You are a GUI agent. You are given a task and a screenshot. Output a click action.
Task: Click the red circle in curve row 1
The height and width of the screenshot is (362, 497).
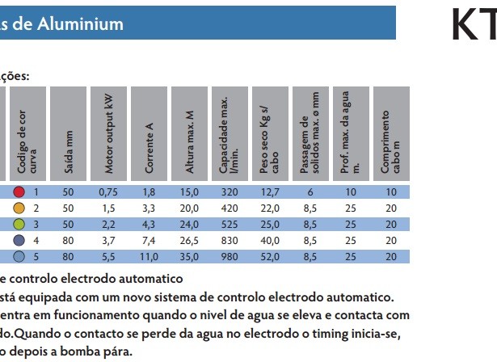(19, 192)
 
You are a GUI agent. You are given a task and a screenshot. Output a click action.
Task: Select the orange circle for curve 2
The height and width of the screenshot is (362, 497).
(19, 208)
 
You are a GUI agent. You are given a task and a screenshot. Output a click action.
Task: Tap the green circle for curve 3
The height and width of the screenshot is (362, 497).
(19, 224)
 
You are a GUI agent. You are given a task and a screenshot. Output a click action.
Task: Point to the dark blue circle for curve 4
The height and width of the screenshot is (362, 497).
(19, 240)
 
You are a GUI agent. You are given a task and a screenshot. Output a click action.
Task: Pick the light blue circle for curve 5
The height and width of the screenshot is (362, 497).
(19, 256)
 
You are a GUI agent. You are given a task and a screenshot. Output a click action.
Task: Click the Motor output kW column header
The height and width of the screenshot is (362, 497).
(108, 133)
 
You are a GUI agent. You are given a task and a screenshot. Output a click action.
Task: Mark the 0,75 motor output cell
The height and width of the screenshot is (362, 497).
(108, 192)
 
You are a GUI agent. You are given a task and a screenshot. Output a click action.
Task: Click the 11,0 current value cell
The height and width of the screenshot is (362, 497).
(149, 257)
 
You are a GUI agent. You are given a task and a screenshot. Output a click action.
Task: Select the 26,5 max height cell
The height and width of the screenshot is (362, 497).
(189, 241)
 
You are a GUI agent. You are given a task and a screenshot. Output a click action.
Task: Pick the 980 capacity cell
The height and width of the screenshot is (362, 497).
(230, 257)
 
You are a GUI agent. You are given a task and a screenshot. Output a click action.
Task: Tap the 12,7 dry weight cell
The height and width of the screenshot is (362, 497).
(270, 192)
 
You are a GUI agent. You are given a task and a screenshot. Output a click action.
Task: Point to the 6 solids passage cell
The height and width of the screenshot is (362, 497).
(310, 192)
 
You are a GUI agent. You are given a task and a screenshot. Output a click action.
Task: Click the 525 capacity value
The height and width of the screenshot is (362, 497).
(230, 225)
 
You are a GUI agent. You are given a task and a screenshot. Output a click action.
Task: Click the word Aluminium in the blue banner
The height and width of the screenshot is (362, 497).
(80, 24)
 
